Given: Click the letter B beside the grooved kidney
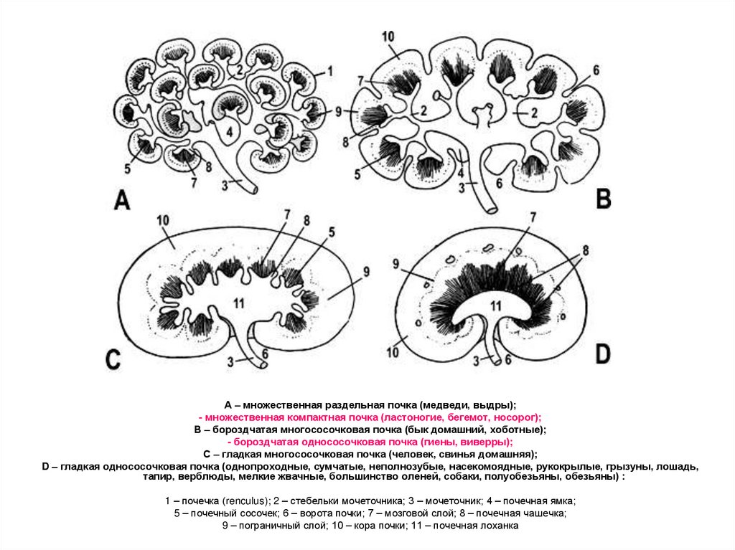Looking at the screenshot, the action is [x=604, y=198].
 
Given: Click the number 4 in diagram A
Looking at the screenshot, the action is [x=229, y=132].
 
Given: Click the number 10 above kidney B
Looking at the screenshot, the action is [x=388, y=36].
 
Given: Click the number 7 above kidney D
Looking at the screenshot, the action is [x=531, y=216].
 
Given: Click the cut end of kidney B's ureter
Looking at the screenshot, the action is [x=491, y=209].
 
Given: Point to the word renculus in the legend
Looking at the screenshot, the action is [x=246, y=501].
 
